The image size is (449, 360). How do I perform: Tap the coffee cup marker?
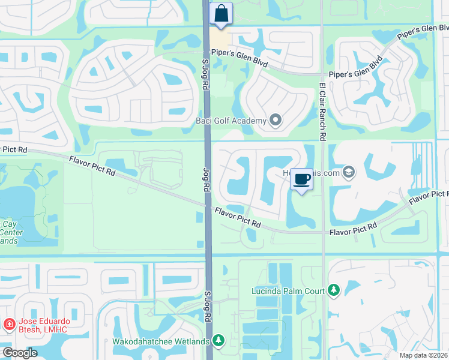pos(302,179)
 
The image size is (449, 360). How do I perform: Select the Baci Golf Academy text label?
pos(231,121)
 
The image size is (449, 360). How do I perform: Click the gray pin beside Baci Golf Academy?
pos(276,121)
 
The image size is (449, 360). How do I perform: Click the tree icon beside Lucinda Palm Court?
pos(333,291)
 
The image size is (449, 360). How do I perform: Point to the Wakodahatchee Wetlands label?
pos(161,341)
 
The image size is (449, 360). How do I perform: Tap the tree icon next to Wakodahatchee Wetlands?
pos(218,341)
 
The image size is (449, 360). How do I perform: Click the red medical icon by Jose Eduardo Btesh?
pos(9,325)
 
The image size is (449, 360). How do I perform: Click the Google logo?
pos(19,353)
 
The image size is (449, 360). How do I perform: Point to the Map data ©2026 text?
pos(423,355)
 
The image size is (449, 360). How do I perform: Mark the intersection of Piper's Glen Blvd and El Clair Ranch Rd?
pos(322,75)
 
